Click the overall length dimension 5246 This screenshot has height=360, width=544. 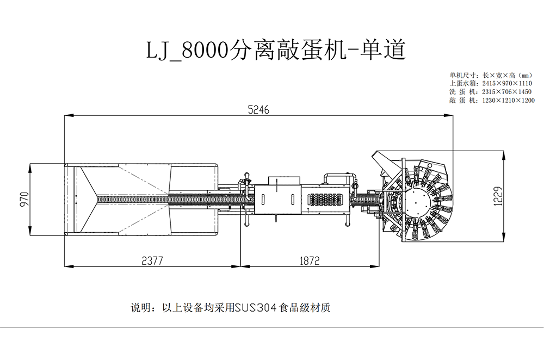258,110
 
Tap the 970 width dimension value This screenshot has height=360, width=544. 24,200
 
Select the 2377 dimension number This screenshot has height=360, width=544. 152,260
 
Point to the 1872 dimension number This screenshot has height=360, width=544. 310,260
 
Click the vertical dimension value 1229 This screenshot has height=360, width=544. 498,196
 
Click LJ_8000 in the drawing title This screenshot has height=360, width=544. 187,51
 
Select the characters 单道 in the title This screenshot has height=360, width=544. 382,49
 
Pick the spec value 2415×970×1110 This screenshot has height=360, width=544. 507,83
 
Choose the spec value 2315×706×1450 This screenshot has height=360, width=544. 507,92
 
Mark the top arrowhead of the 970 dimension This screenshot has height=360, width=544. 30,168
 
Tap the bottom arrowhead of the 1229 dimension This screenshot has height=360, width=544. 504,237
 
